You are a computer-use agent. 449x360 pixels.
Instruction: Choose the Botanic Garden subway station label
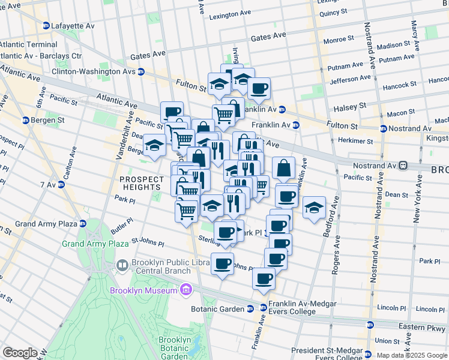tap(218, 309)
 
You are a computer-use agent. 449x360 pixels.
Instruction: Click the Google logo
tap(20, 353)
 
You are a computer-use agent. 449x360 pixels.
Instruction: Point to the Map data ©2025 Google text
tap(412, 355)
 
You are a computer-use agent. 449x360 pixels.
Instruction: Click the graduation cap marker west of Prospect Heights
tap(154, 146)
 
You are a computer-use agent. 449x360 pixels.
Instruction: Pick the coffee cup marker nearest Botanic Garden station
tap(264, 279)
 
